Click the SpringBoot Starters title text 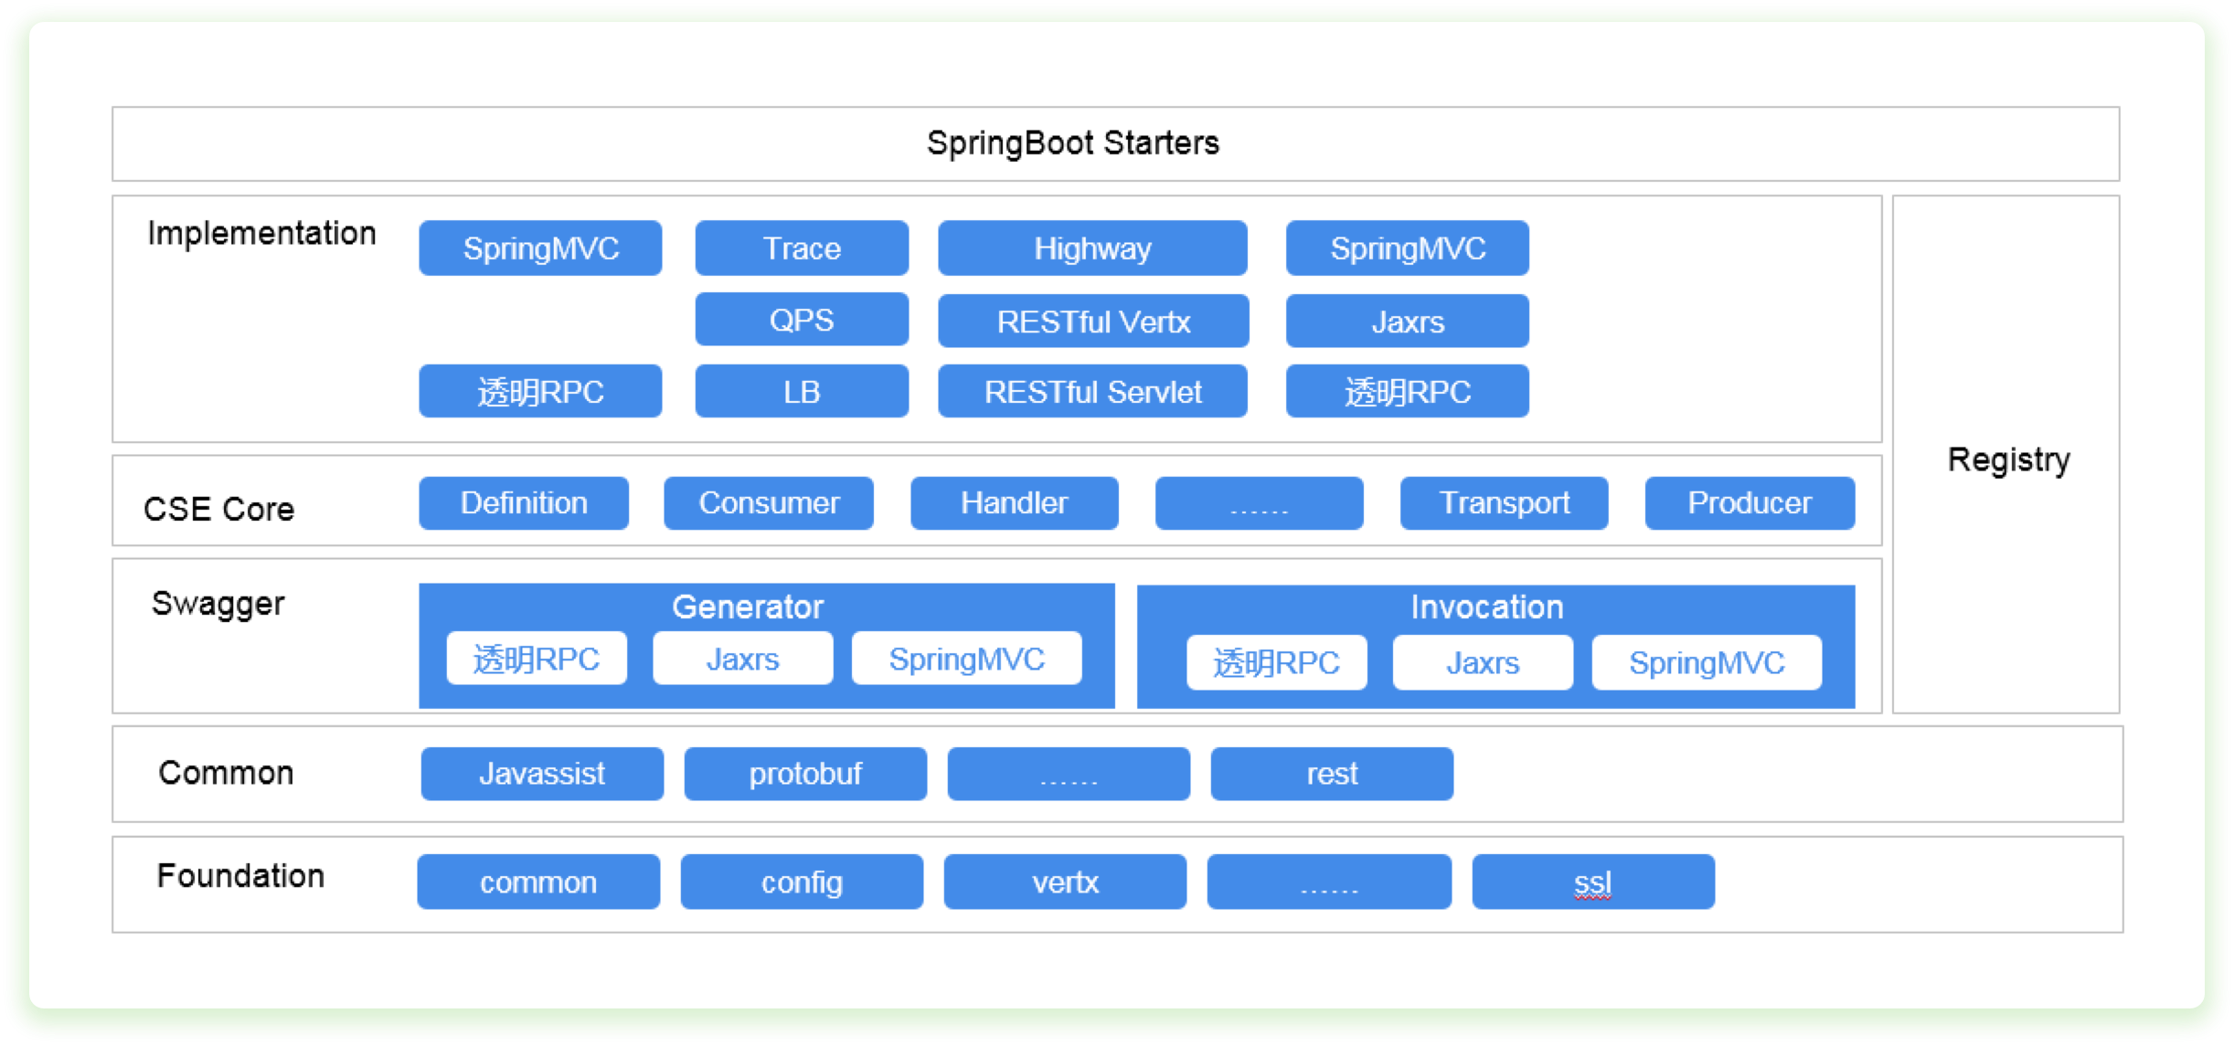[x=1072, y=143]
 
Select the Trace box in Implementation [x=802, y=248]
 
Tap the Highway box [x=1092, y=248]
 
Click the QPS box [x=802, y=320]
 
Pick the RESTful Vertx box [x=1093, y=321]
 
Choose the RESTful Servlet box [x=1092, y=391]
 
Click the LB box [x=802, y=391]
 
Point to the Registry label [x=2008, y=459]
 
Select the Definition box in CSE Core [x=524, y=502]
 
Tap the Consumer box [x=769, y=502]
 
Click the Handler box [x=1015, y=502]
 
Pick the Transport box [x=1504, y=502]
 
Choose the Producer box [x=1750, y=502]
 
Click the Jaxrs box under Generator [x=742, y=658]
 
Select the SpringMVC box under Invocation [x=1707, y=662]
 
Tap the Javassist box [x=542, y=774]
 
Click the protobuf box [x=805, y=774]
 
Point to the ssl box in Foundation [x=1593, y=881]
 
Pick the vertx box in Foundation [x=1065, y=881]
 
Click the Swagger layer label [x=218, y=604]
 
